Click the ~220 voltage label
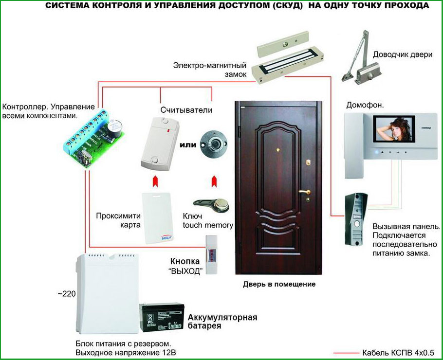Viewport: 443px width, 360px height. pyautogui.click(x=67, y=294)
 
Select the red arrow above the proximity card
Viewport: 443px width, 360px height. pyautogui.click(x=155, y=182)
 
